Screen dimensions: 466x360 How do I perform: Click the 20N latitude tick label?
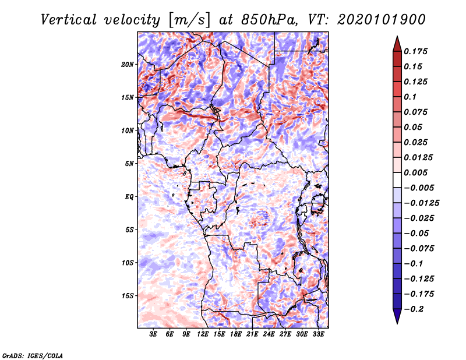pos(128,64)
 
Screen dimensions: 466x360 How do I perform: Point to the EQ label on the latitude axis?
pos(129,197)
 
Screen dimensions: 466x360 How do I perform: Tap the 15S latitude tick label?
pos(128,296)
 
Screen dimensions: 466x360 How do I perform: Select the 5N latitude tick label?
pos(129,164)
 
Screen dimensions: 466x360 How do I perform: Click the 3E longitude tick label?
pos(153,334)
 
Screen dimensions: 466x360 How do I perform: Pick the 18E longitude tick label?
pos(236,334)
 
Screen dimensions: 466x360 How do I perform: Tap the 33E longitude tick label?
pos(318,334)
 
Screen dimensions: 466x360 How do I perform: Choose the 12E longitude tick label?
pos(203,334)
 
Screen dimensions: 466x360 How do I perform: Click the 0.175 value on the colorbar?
pos(415,51)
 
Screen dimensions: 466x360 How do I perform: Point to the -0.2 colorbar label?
pos(414,309)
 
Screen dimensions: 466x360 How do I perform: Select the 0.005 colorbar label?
pos(415,172)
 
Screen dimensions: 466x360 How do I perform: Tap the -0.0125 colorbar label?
pos(421,203)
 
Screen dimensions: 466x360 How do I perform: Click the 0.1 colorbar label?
pos(410,97)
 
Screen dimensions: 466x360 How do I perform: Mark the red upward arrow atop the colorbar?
pos(397,44)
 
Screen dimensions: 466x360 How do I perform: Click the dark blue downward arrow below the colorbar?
pos(397,316)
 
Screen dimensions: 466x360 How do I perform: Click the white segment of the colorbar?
pos(397,180)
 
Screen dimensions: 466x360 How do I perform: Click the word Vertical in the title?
pos(68,20)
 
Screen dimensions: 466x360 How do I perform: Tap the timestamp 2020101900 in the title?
pos(382,20)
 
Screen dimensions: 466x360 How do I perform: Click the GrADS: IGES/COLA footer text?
pos(33,356)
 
